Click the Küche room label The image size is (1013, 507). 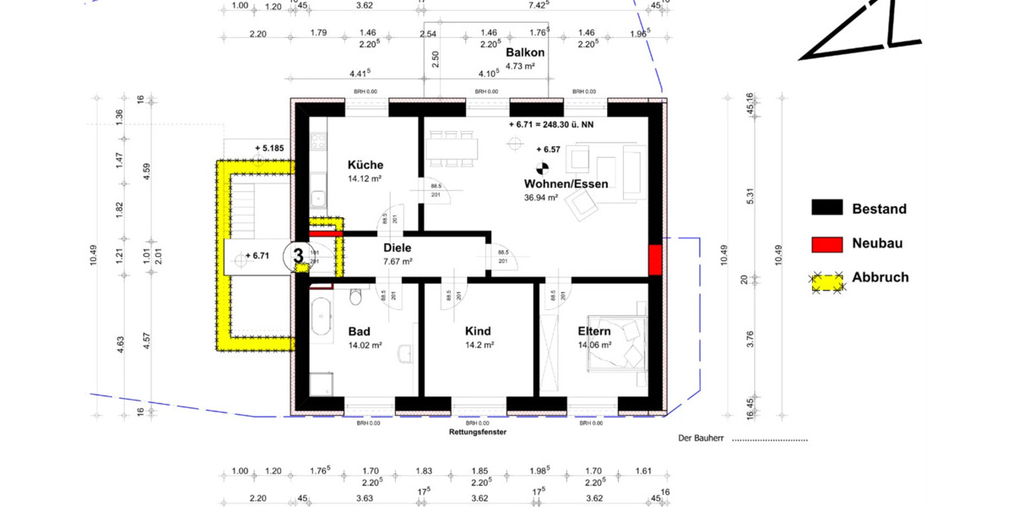coord(365,165)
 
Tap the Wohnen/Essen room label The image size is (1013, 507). coord(566,183)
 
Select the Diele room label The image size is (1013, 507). coord(397,248)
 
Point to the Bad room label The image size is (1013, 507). coord(360,331)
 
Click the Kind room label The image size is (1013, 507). coord(477,331)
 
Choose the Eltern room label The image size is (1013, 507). coord(593,331)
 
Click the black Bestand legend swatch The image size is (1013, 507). coord(827,209)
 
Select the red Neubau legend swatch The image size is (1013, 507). coord(827,243)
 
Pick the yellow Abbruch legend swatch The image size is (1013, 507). coord(827,278)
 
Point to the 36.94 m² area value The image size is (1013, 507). coord(541,198)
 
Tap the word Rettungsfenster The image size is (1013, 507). coord(478,431)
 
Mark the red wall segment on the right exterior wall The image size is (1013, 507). coord(654,259)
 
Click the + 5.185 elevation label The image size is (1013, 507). coord(269,149)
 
